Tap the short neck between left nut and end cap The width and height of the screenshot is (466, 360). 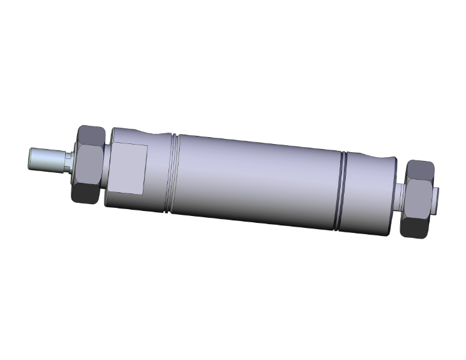point(105,166)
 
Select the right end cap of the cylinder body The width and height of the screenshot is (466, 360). point(370,194)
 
